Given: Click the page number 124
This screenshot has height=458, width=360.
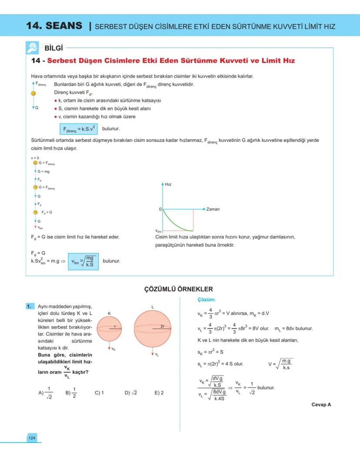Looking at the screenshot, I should click(x=32, y=438).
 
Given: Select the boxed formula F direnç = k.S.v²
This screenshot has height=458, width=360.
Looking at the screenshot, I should click(x=78, y=129).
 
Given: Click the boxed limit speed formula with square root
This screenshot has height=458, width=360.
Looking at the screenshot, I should click(x=83, y=261).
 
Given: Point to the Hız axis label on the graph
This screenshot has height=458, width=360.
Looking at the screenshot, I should click(x=168, y=184).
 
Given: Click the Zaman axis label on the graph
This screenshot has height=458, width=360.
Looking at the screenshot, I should click(x=213, y=209).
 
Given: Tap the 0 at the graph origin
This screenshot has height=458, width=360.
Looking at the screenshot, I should click(x=160, y=210).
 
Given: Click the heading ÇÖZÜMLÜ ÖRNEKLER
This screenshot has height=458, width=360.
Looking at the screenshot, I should click(x=178, y=289).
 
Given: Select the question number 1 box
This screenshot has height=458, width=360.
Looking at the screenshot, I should click(x=30, y=307).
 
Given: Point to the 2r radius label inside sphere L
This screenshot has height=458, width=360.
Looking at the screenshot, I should click(x=162, y=326).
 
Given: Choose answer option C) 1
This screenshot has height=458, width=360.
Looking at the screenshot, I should click(x=100, y=393).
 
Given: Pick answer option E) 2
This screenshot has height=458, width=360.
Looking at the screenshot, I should click(x=159, y=393).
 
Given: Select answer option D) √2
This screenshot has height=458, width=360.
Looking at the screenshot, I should click(x=130, y=393).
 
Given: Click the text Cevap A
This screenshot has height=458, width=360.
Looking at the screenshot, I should click(x=321, y=405).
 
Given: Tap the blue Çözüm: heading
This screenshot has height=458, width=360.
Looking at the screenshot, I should click(x=207, y=300).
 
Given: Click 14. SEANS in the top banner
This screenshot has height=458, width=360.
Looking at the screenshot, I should click(x=54, y=26).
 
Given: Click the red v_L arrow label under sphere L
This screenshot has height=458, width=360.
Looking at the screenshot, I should click(x=156, y=354).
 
